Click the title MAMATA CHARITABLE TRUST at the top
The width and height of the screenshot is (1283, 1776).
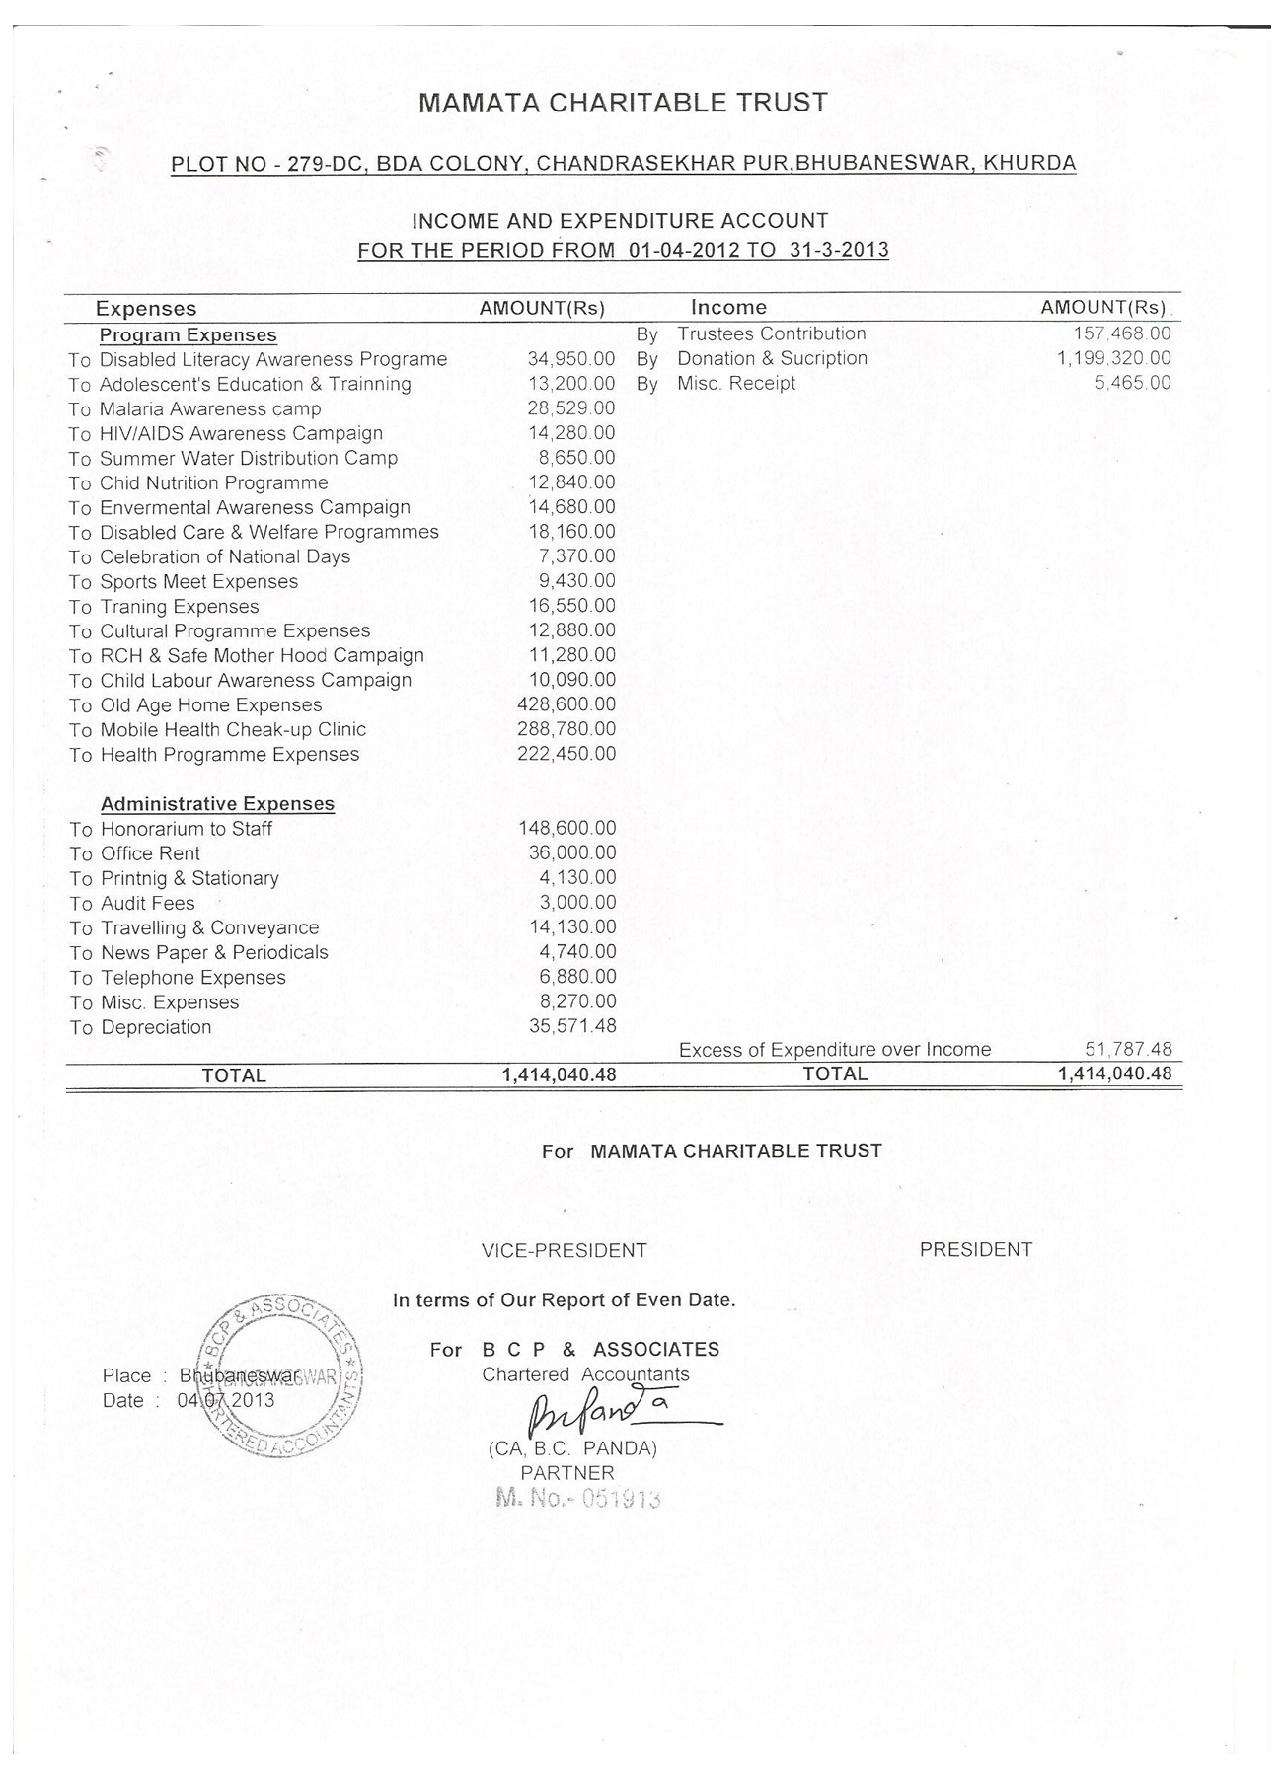coord(623,103)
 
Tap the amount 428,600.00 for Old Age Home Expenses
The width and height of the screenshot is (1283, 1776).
coord(566,704)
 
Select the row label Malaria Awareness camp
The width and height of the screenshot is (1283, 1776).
coord(210,408)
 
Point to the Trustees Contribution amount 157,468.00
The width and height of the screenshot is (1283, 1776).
coord(1122,334)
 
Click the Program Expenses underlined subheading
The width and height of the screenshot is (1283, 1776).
coord(188,335)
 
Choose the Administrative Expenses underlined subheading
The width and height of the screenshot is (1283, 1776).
coord(217,804)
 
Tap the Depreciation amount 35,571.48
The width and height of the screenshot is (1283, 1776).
coord(572,1026)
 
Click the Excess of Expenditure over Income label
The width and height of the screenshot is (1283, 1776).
coord(835,1050)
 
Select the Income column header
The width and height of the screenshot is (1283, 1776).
coord(728,308)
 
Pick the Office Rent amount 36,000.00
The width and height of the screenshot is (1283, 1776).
coord(572,852)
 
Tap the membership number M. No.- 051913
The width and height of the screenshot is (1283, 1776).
coord(577,1499)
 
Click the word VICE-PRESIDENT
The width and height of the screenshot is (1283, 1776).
coord(564,1251)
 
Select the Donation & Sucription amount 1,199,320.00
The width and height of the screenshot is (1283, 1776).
coord(1114,358)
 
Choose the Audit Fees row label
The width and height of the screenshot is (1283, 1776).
coord(148,903)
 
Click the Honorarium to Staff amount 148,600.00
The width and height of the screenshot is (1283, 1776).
coord(567,828)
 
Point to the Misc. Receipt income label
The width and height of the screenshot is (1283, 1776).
coord(736,383)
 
